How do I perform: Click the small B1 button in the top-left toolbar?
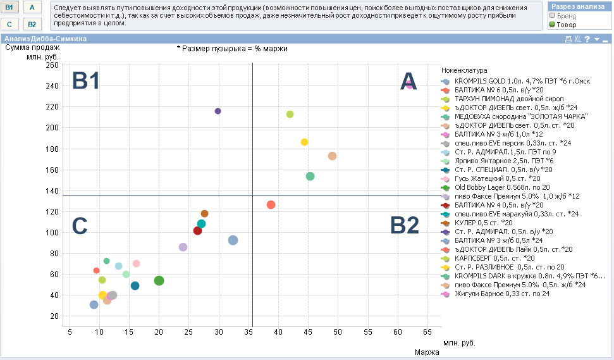click(9, 7)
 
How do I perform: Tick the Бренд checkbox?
click(552, 16)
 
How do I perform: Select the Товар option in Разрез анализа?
click(552, 25)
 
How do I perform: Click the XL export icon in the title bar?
click(577, 39)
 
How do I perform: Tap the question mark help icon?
click(587, 39)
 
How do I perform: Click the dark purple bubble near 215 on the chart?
click(218, 111)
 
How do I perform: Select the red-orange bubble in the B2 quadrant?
click(271, 204)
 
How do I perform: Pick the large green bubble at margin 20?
click(159, 280)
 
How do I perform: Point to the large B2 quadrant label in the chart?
click(404, 226)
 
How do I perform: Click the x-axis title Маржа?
click(427, 352)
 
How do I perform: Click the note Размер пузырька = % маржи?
click(232, 49)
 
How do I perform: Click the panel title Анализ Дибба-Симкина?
click(45, 39)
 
